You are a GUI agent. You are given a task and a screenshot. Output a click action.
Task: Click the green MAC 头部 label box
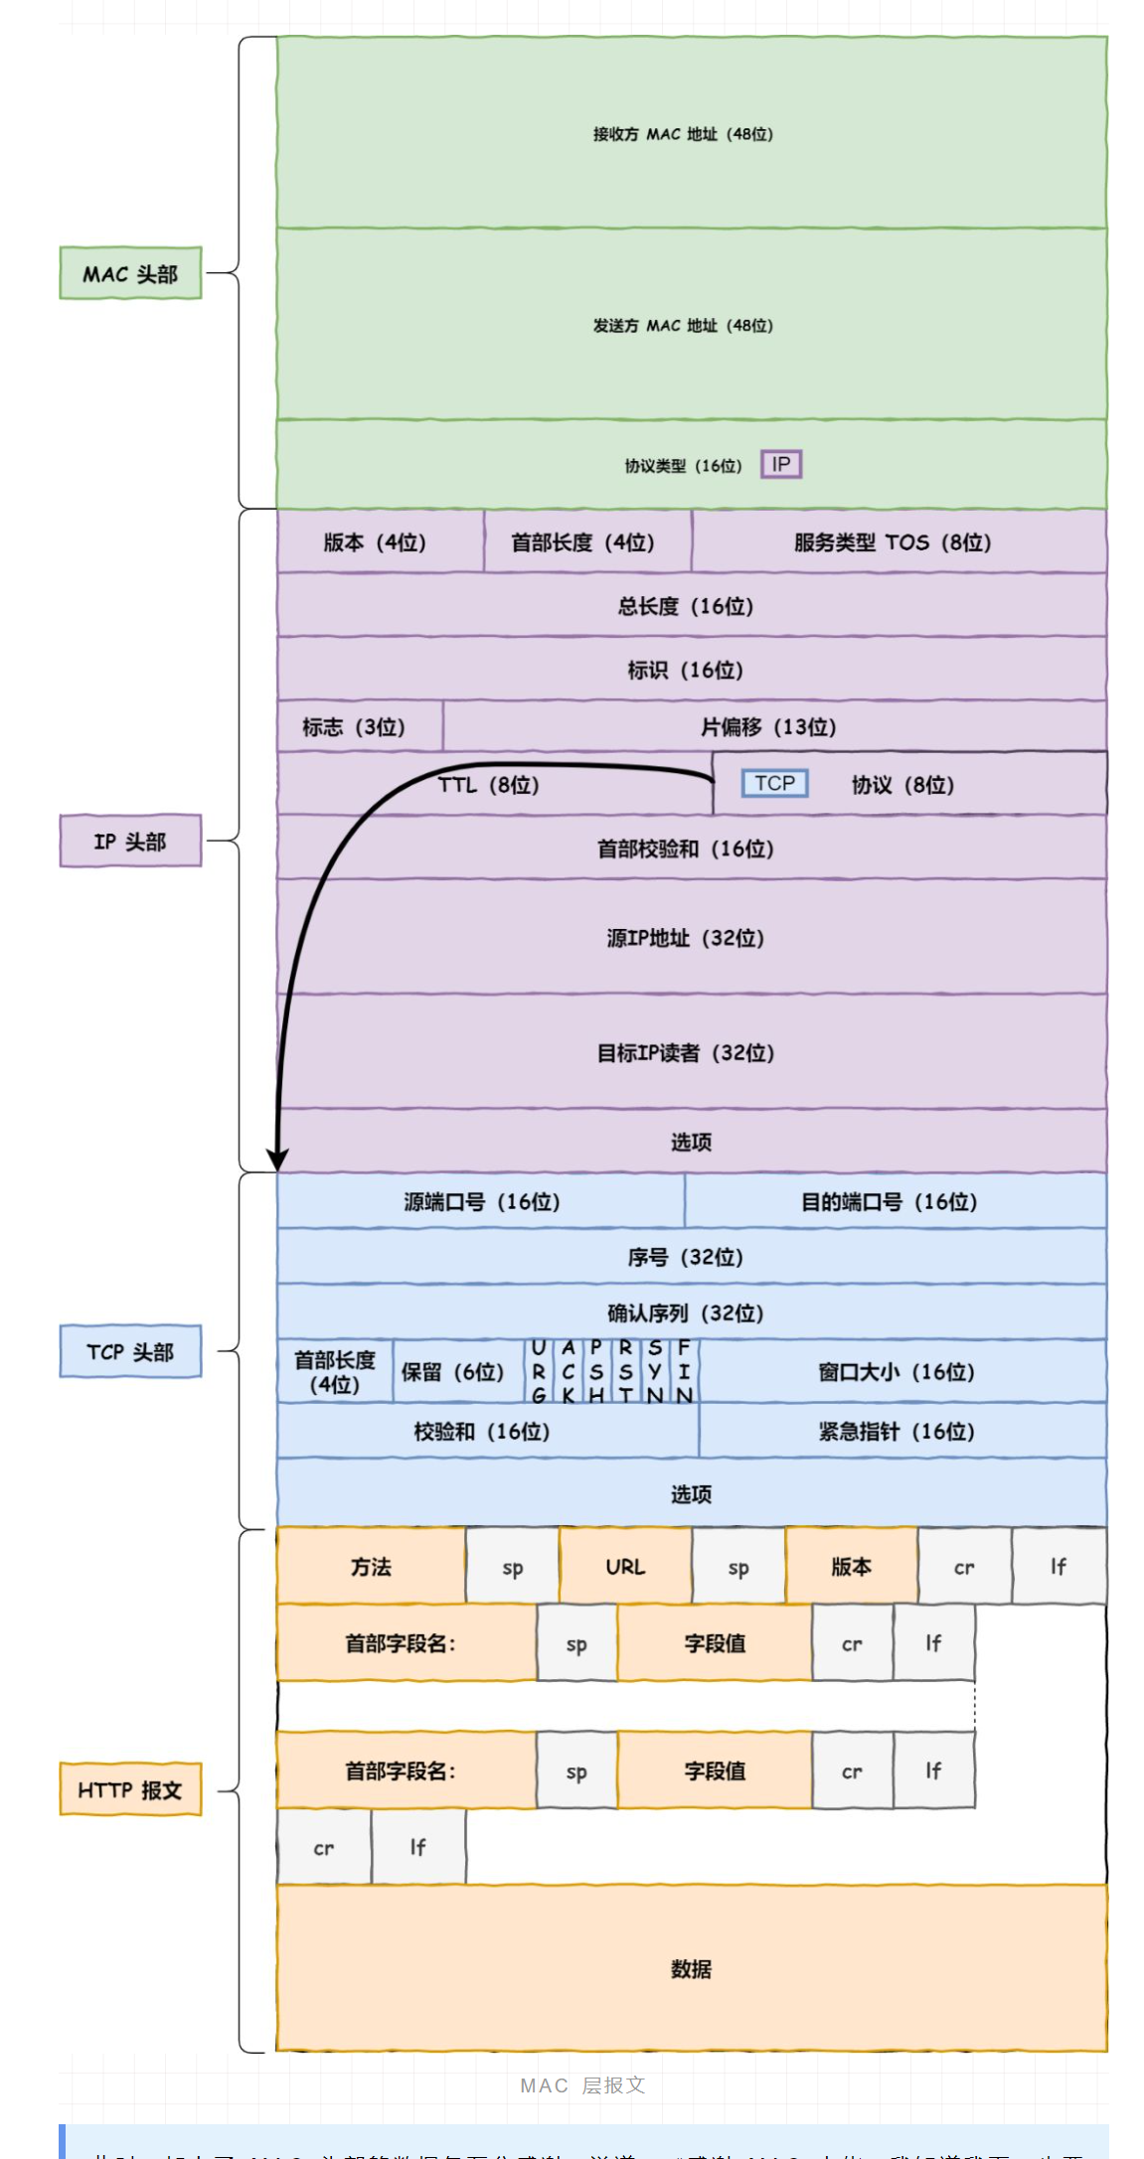click(x=130, y=273)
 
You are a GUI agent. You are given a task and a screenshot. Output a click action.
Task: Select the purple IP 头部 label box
click(x=130, y=842)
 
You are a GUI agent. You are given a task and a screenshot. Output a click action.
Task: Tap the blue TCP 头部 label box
click(x=130, y=1351)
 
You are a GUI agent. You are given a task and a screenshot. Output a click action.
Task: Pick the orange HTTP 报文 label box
click(x=130, y=1789)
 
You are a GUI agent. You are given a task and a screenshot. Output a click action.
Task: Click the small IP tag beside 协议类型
click(x=781, y=464)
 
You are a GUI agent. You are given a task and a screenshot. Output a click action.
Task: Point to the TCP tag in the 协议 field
click(x=775, y=784)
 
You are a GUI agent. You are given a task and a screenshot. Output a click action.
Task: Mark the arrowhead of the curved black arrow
click(x=278, y=1160)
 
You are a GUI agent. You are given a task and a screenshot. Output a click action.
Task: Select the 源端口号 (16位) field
click(x=481, y=1202)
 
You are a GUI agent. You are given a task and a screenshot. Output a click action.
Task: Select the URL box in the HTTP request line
click(x=625, y=1567)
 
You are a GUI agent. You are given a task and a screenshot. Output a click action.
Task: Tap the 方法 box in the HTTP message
click(x=371, y=1567)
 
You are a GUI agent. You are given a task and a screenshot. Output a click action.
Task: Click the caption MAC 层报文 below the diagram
click(x=582, y=2085)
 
